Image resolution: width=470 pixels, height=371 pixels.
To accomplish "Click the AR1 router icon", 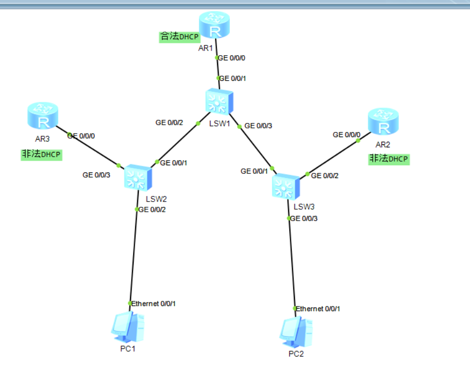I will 215,26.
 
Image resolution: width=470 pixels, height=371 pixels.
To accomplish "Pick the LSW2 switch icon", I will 138,177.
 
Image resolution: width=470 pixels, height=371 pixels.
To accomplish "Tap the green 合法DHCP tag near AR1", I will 179,37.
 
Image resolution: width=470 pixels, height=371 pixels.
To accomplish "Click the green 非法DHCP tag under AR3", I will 41,155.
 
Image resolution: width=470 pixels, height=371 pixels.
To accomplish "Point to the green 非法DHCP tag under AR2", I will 389,159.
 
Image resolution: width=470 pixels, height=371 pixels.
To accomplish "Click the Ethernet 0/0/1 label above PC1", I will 154,303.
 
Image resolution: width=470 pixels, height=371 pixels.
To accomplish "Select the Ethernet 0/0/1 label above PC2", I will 318,309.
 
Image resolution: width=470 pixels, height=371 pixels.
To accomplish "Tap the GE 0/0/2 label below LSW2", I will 152,209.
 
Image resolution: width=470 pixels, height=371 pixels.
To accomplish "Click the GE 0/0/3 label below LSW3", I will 304,219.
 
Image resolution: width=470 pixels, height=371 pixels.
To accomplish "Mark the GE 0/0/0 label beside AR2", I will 347,135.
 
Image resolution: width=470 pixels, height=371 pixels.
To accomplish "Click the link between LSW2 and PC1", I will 134,256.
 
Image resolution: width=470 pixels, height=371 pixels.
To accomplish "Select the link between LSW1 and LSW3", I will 254,146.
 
